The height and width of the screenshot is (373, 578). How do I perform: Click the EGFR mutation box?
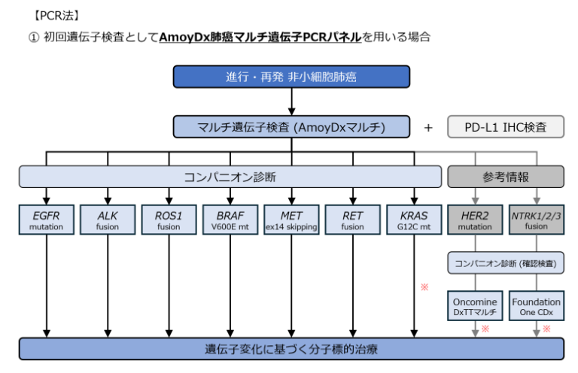pyautogui.click(x=47, y=218)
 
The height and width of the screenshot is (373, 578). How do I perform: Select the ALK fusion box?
pyautogui.click(x=108, y=218)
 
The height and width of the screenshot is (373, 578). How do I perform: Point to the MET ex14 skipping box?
pyautogui.click(x=291, y=218)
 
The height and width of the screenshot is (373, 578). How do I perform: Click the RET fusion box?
pyautogui.click(x=352, y=218)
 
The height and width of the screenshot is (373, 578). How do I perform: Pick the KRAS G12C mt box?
pyautogui.click(x=413, y=218)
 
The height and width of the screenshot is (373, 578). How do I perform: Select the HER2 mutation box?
pyautogui.click(x=474, y=218)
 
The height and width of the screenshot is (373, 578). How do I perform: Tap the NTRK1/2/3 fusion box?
pyautogui.click(x=537, y=218)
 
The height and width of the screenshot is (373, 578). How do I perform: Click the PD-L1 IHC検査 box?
pyautogui.click(x=506, y=127)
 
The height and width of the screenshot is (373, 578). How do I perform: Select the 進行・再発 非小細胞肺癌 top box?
pyautogui.click(x=291, y=77)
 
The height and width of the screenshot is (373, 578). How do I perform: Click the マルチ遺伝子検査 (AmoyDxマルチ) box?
pyautogui.click(x=291, y=127)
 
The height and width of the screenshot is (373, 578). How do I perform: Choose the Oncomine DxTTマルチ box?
pyautogui.click(x=474, y=307)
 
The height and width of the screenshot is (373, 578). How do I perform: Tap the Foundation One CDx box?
pyautogui.click(x=537, y=307)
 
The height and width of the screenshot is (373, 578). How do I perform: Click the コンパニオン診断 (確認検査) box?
pyautogui.click(x=505, y=263)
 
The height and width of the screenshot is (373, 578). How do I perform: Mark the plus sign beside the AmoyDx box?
pyautogui.click(x=428, y=128)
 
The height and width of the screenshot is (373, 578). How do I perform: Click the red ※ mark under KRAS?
pyautogui.click(x=424, y=287)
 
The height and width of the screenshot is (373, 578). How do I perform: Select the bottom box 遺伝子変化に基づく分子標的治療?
pyautogui.click(x=291, y=349)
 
